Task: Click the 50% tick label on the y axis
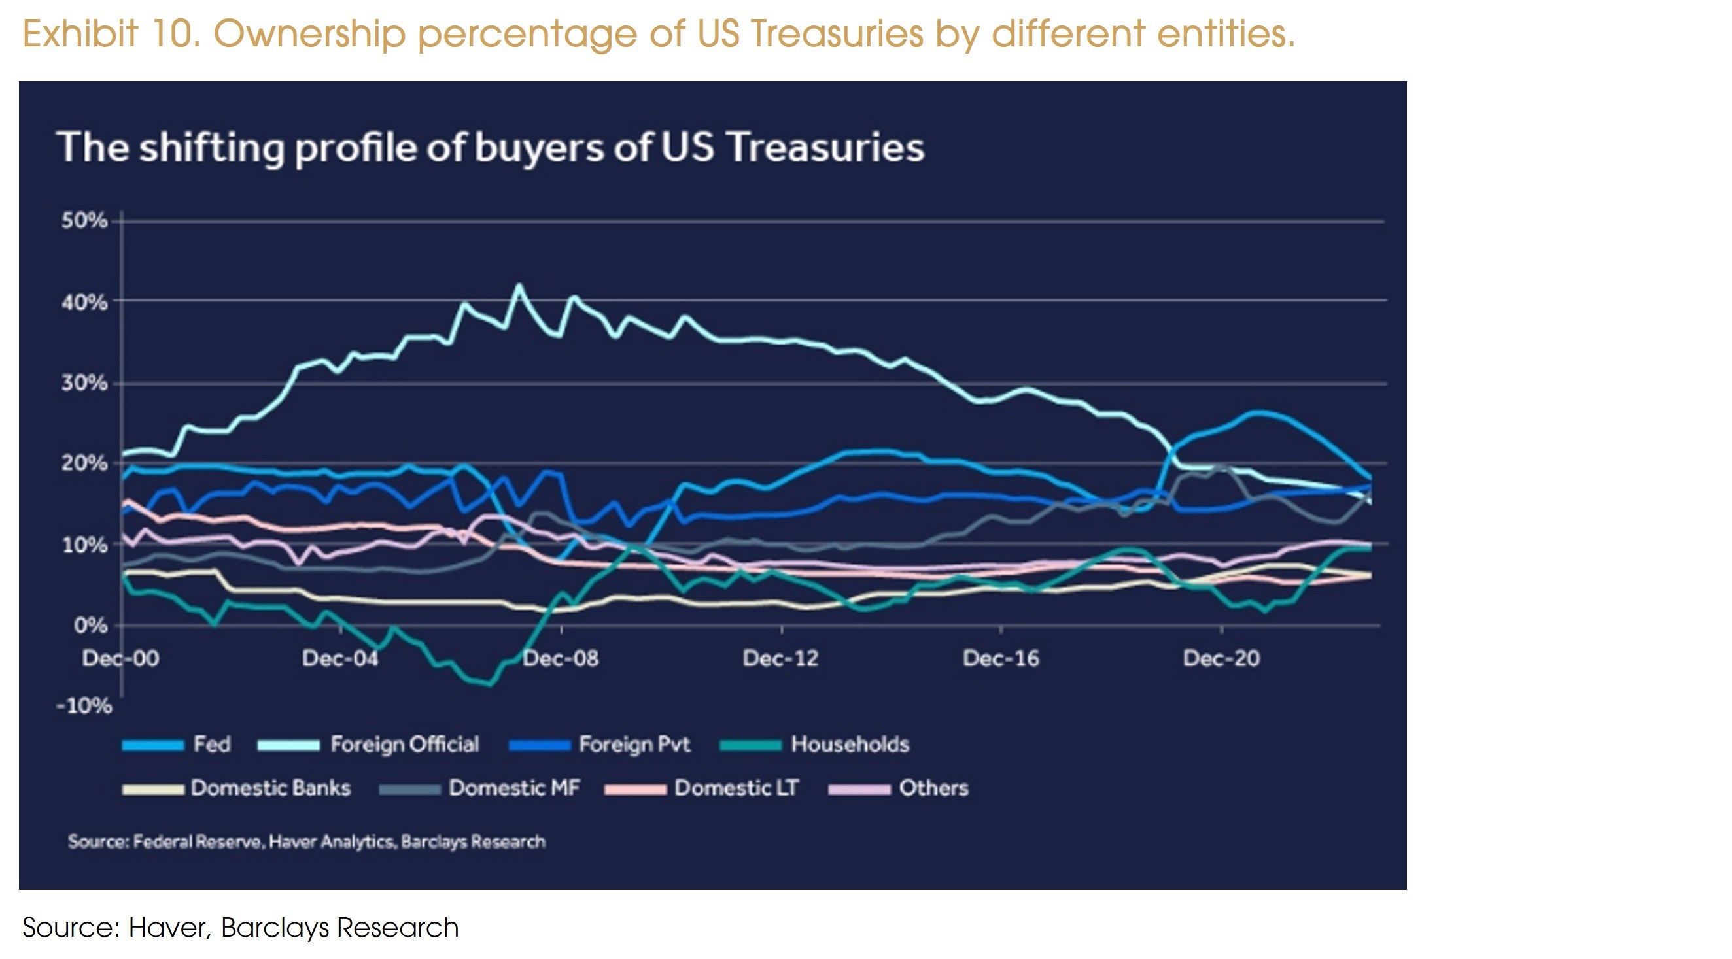tap(84, 220)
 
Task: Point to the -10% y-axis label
tap(84, 705)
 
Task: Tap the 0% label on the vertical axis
tap(90, 626)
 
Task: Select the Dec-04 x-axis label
tap(340, 658)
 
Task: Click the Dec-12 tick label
tap(780, 658)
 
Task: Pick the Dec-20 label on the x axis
tap(1221, 658)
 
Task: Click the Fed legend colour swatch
tap(152, 745)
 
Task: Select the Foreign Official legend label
tap(405, 745)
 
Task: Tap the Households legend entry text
tap(850, 745)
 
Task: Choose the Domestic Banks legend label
tap(270, 788)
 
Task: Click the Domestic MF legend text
tap(514, 788)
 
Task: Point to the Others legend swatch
tap(859, 790)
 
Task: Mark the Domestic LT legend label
tap(736, 788)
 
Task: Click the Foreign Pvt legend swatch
tap(540, 745)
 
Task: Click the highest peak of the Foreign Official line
tap(519, 286)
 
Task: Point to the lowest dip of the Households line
tap(489, 685)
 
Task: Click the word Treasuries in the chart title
tap(826, 147)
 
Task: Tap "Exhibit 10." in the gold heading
tap(112, 33)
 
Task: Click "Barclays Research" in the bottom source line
tap(339, 928)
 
